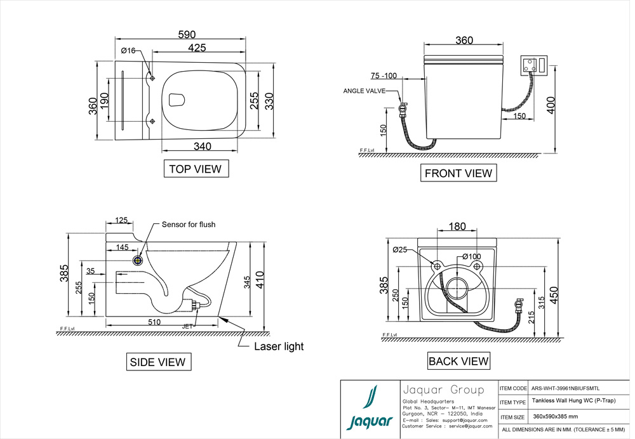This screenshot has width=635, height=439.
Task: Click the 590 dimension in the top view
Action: coord(185,34)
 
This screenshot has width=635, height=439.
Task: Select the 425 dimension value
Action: coord(196,48)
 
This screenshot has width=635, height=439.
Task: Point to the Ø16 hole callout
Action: coord(128,51)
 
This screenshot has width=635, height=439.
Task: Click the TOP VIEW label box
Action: coord(196,169)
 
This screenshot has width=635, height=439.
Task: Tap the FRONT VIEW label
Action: coord(458,173)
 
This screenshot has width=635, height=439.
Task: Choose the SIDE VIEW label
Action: coord(157,362)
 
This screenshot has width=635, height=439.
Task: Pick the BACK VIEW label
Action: coord(458,362)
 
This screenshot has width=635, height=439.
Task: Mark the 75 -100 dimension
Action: coord(384,76)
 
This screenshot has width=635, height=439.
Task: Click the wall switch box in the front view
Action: coord(533,65)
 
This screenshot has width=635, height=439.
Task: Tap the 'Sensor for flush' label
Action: coord(189,225)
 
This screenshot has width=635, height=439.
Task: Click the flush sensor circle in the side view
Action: coord(138,259)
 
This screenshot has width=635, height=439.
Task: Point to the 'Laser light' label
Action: coord(279,346)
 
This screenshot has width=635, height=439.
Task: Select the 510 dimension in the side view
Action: coord(154,322)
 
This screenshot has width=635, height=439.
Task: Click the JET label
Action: coord(187,326)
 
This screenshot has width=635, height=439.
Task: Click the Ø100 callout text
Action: coord(471,256)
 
